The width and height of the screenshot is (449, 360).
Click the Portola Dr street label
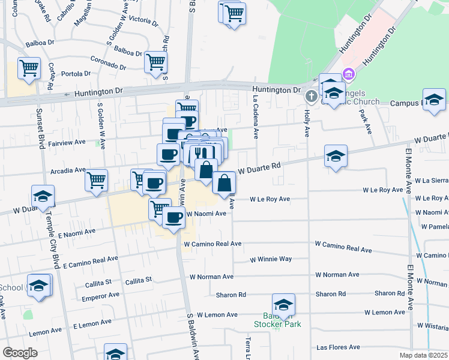[76, 74]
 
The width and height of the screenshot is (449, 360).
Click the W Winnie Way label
[271, 259]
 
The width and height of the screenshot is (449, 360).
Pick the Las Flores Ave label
[338, 347]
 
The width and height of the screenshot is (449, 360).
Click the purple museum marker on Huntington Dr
[348, 74]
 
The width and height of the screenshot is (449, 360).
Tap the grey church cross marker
[311, 96]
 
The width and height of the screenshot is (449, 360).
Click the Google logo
[20, 353]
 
